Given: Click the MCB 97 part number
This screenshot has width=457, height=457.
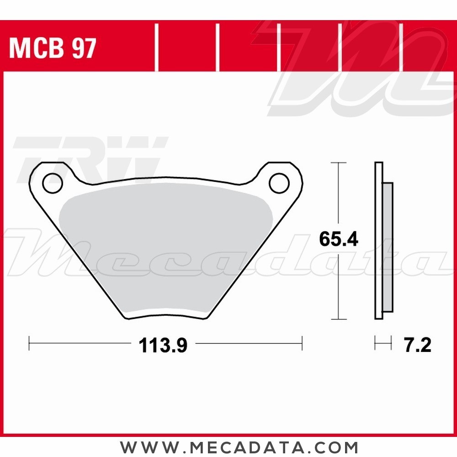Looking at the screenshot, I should click(x=53, y=48).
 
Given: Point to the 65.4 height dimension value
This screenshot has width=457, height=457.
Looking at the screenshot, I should click(x=338, y=239).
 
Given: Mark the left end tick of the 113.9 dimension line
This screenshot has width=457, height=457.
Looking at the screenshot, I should click(x=29, y=343).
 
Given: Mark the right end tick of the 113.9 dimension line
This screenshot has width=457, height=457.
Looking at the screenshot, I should click(x=302, y=343).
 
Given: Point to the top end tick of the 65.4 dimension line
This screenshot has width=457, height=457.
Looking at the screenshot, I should click(x=338, y=163).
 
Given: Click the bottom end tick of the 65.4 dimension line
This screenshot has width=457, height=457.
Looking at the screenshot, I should click(x=338, y=319).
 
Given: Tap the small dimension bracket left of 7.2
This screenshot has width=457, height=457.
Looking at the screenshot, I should click(x=383, y=343).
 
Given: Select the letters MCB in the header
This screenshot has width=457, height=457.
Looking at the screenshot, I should click(x=37, y=48).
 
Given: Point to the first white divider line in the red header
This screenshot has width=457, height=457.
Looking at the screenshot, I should click(x=156, y=48).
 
